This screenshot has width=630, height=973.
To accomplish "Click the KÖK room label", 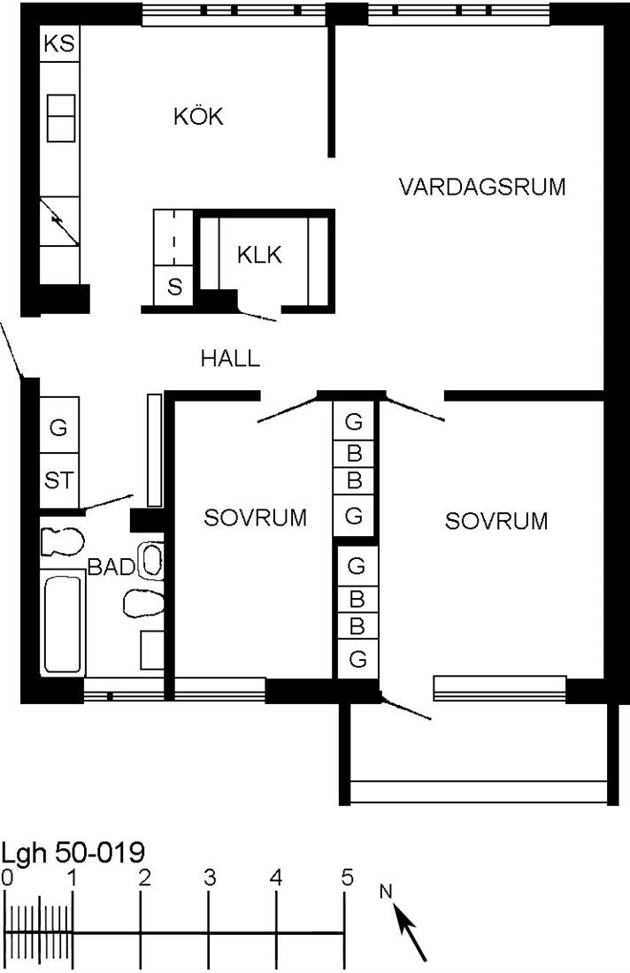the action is pyautogui.click(x=198, y=116).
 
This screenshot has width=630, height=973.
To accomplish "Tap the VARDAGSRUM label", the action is pyautogui.click(x=482, y=187).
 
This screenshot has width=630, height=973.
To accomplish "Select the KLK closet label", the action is pyautogui.click(x=259, y=255).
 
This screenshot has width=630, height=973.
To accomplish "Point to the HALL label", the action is pyautogui.click(x=230, y=358).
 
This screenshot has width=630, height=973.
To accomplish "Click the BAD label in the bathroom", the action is pyautogui.click(x=111, y=566).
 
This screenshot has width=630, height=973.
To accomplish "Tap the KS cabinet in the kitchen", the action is pyautogui.click(x=59, y=43).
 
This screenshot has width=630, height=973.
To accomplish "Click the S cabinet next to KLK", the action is pyautogui.click(x=173, y=287).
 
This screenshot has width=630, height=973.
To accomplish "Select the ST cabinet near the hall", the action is pyautogui.click(x=59, y=480).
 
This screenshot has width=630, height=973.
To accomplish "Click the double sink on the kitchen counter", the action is pyautogui.click(x=61, y=118).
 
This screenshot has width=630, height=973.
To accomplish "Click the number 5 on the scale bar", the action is pyautogui.click(x=347, y=877).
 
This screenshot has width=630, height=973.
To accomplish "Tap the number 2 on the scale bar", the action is pyautogui.click(x=144, y=877).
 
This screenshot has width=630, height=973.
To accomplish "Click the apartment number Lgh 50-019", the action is pyautogui.click(x=73, y=852).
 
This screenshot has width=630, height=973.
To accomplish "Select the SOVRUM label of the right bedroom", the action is pyautogui.click(x=496, y=521).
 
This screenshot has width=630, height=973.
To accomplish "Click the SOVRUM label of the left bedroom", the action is pyautogui.click(x=256, y=517).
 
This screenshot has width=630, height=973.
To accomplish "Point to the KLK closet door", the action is pyautogui.click(x=257, y=315).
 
